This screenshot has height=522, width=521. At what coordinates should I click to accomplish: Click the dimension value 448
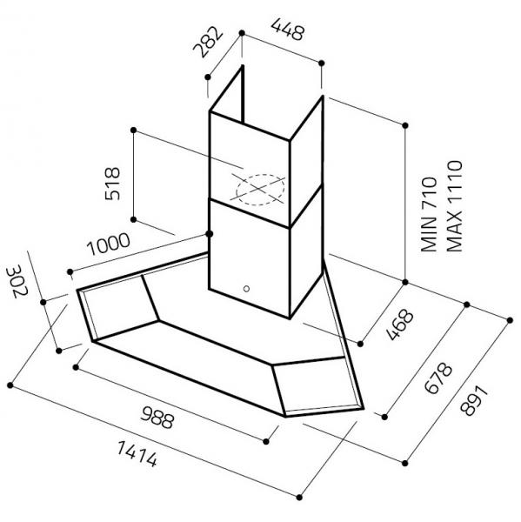coord(288,30)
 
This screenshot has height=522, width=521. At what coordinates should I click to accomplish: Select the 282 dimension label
coord(208,43)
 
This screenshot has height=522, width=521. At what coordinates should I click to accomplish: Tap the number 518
coord(112,184)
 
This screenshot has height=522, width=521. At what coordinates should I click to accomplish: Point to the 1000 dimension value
coord(108,244)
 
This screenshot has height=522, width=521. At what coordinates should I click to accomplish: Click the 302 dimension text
coord(17,281)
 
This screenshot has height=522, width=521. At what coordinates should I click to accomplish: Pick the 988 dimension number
coord(157,417)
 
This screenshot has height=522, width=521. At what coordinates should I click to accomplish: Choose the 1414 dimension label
coord(137,454)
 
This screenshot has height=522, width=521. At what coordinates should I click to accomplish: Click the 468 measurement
coord(400,325)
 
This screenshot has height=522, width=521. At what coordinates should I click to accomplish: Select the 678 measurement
coord(438,378)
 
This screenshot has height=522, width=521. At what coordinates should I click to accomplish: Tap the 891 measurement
coord(474,401)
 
